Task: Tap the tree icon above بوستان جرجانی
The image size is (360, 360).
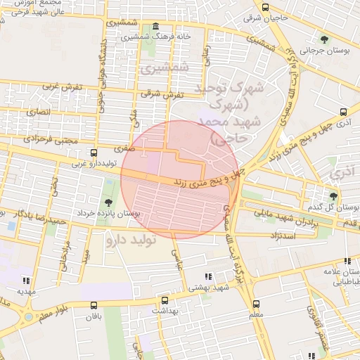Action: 324,39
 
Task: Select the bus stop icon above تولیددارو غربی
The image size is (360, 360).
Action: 94,153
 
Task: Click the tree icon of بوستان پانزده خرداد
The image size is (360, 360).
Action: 108,202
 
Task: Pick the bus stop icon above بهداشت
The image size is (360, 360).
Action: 165,300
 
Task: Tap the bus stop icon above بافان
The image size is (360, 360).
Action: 94,305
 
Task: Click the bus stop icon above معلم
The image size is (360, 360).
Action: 256,304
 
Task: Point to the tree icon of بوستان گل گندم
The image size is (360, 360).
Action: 333,196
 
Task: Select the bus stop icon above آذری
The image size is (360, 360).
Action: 344,111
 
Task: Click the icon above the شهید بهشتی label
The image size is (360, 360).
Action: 207,277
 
